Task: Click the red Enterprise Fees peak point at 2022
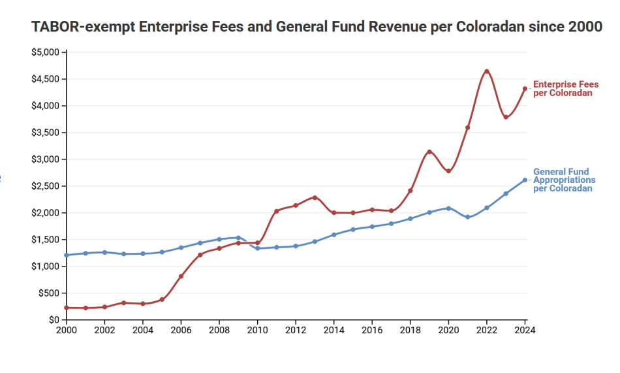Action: pos(486,71)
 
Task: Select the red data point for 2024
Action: pos(525,89)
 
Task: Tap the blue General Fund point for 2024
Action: pos(525,180)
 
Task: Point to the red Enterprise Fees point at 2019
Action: pos(429,152)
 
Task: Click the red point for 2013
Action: pos(315,198)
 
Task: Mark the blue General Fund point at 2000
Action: pos(67,255)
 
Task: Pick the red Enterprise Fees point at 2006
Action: pos(181,276)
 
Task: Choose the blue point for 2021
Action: pos(467,217)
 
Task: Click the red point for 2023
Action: pos(506,118)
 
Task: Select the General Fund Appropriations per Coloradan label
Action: pos(565,180)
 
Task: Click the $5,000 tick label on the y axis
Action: pos(46,52)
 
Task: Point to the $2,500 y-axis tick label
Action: pos(46,186)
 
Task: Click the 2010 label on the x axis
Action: pos(257,330)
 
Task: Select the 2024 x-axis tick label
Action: pos(525,330)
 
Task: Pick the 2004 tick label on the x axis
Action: pos(143,330)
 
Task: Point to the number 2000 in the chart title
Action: pos(584,27)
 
